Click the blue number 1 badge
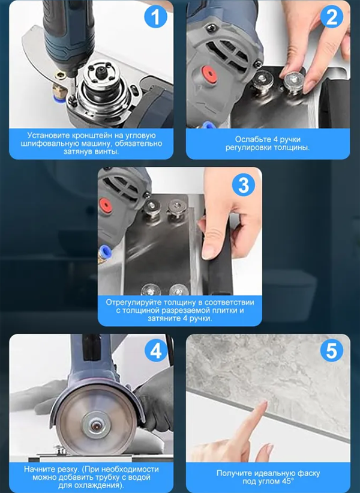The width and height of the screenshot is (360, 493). pos(156,17)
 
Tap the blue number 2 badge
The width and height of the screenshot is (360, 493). pos(332,17)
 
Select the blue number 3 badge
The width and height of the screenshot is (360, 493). pos(244,185)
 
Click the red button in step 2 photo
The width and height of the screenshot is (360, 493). pos(209,74)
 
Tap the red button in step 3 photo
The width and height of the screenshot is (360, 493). pos(105,205)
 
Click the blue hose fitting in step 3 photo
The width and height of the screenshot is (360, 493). pos(102,253)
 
